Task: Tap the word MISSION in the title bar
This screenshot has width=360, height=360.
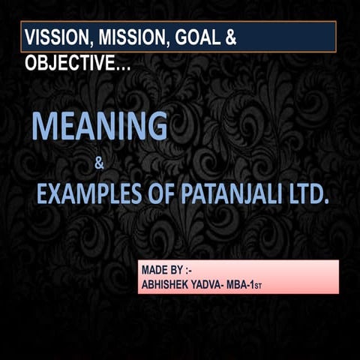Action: click(130, 38)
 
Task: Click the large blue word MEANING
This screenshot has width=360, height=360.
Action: click(99, 127)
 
